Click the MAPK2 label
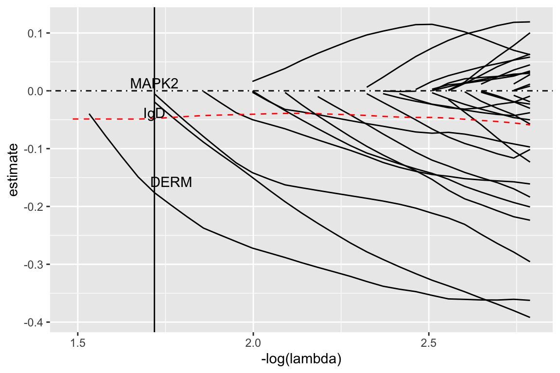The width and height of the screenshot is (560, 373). coord(154,84)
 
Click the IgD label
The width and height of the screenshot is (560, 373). coord(154,113)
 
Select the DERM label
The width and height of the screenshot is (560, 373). coord(171,183)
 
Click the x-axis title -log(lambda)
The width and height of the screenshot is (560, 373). coord(301,360)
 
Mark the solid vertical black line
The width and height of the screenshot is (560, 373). coord(154,243)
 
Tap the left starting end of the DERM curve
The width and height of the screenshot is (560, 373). coord(89,114)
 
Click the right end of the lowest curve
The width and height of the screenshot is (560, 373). coord(529,317)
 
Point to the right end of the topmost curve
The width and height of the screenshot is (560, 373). coord(529,22)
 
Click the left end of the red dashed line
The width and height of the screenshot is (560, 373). coord(73,119)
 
